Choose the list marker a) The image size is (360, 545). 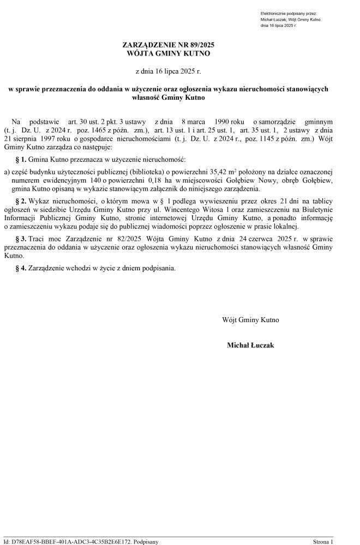7,172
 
